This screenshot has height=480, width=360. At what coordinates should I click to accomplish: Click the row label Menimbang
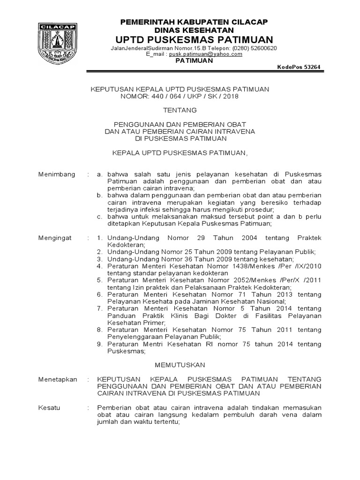click(56, 174)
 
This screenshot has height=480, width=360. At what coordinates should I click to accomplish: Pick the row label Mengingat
click(54, 238)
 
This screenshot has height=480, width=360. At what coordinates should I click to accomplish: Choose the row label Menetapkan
click(57, 379)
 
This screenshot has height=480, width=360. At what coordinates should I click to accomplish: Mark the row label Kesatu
click(49, 408)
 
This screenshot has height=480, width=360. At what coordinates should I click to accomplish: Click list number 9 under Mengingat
click(99, 344)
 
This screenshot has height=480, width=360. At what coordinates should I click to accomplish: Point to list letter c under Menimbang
click(99, 217)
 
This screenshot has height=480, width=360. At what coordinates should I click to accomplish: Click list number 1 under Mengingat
click(99, 238)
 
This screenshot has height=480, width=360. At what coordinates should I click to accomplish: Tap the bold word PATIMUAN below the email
click(193, 61)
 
